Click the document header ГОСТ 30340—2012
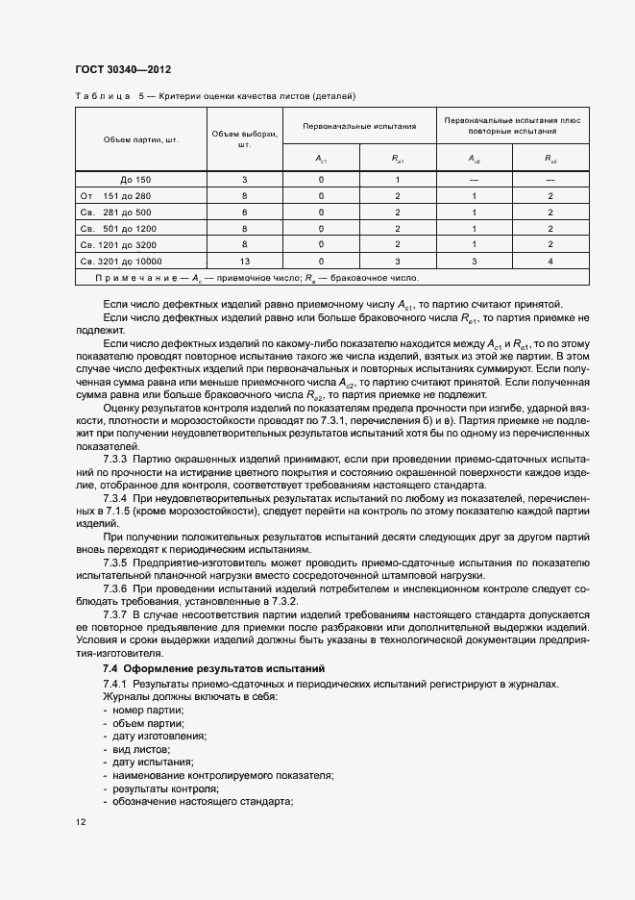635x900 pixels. pos(122,70)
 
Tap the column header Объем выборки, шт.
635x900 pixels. pos(244,139)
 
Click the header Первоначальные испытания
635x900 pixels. pos(359,126)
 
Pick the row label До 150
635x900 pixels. pos(136,180)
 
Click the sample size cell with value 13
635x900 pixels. pos(244,261)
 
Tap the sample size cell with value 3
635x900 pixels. pos(244,180)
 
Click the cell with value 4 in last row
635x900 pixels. pos(550,261)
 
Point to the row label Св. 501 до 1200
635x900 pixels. pos(122,228)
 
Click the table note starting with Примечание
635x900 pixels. pos(257,278)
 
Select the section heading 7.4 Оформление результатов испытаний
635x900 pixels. pos(213,667)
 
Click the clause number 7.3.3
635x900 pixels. pos(115,459)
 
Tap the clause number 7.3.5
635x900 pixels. pos(115,561)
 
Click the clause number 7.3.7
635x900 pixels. pos(115,613)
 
